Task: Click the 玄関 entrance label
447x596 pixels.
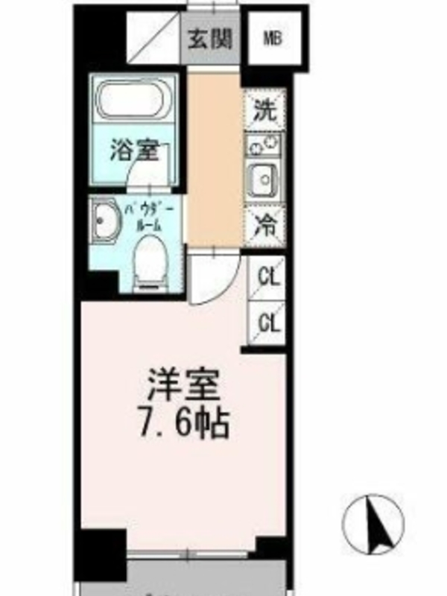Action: pyautogui.click(x=210, y=39)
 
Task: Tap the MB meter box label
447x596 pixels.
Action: pyautogui.click(x=273, y=39)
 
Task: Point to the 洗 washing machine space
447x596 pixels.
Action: pyautogui.click(x=265, y=110)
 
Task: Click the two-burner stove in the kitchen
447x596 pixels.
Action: pyautogui.click(x=264, y=145)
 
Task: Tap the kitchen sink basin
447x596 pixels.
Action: pyautogui.click(x=264, y=180)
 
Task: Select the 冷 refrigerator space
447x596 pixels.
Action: pyautogui.click(x=265, y=226)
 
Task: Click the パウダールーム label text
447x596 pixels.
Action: pyautogui.click(x=150, y=218)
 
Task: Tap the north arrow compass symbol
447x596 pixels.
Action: pyautogui.click(x=373, y=524)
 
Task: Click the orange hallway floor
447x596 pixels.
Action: pyautogui.click(x=215, y=159)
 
